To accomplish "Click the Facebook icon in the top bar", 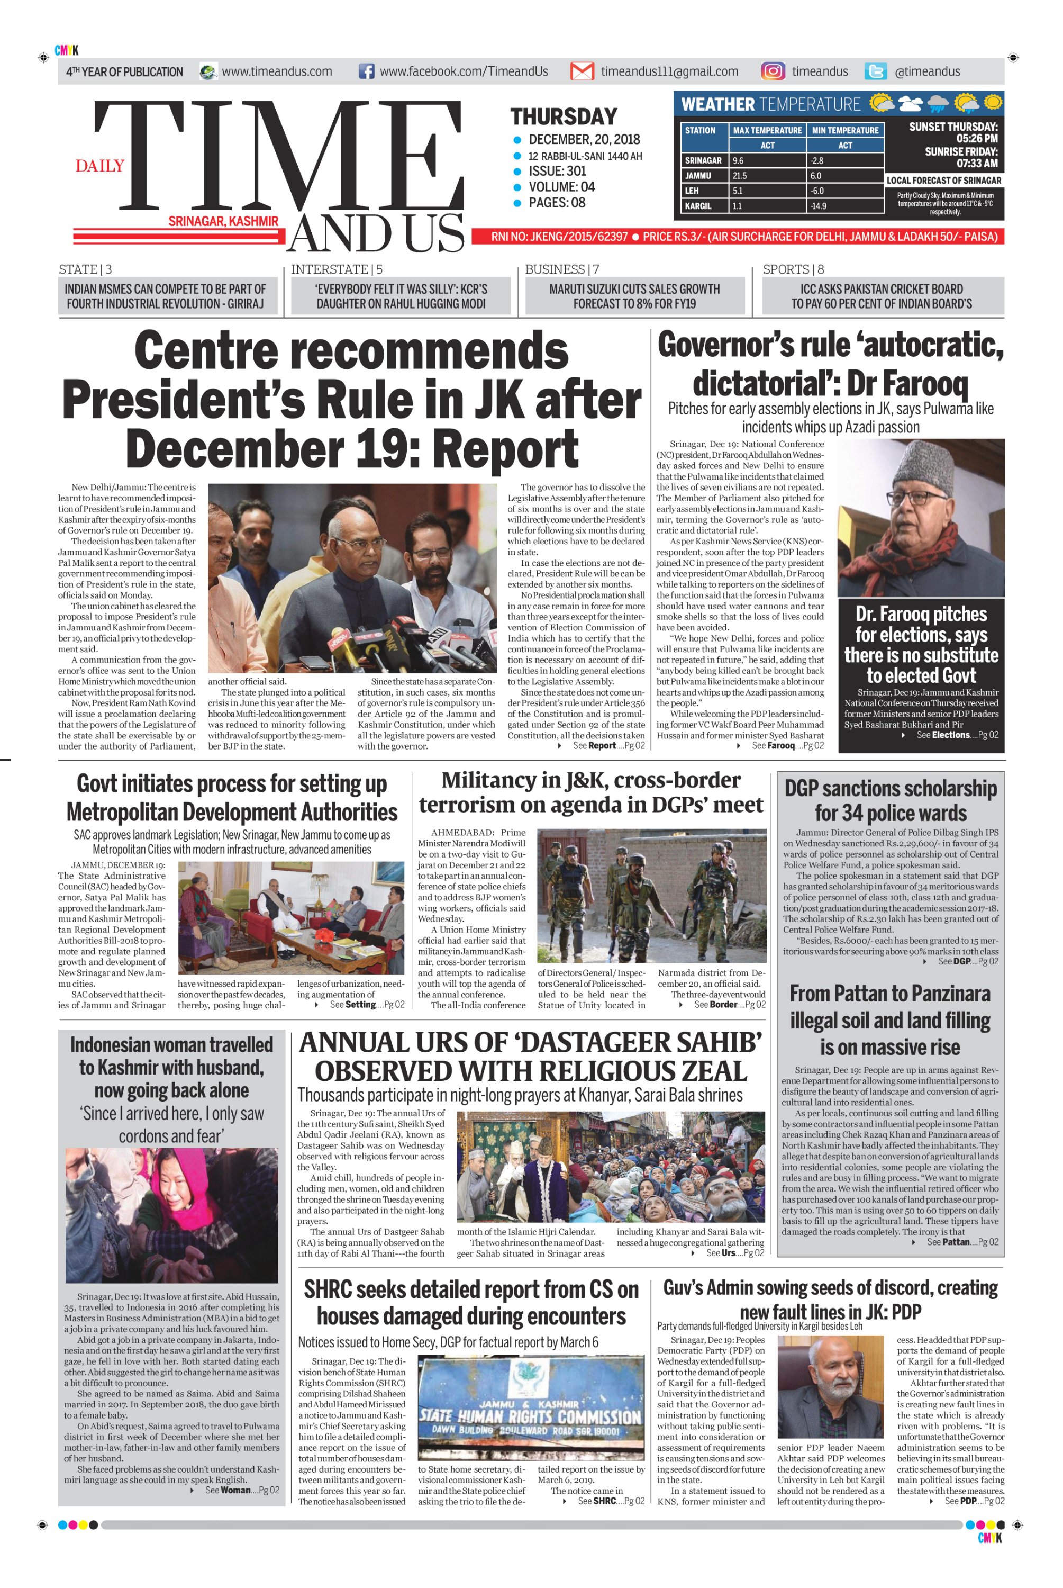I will tap(366, 71).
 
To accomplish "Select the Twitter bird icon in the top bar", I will tap(875, 72).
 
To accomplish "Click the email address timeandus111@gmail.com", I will tap(669, 71).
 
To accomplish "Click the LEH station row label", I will tap(692, 191).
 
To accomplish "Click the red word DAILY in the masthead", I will tap(99, 166).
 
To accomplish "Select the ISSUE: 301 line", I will tap(557, 171).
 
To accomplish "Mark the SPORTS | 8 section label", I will tap(793, 269).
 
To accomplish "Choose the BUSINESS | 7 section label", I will tap(562, 269).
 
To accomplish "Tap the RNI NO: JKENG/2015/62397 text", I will tap(559, 237).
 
